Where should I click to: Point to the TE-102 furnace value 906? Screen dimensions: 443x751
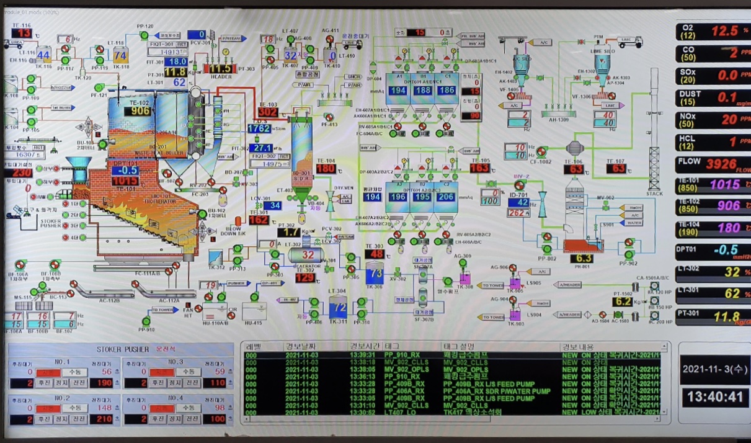[x=137, y=111]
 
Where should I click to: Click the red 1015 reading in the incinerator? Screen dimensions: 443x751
[x=125, y=181]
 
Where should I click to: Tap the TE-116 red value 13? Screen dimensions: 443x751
[x=24, y=33]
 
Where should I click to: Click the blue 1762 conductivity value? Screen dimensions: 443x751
[x=259, y=128]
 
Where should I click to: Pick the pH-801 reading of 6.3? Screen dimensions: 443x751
[x=584, y=258]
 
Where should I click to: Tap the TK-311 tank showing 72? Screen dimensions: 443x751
[x=337, y=307]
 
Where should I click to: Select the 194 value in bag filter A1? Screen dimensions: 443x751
[x=399, y=91]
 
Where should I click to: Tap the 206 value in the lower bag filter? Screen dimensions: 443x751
[x=445, y=197]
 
